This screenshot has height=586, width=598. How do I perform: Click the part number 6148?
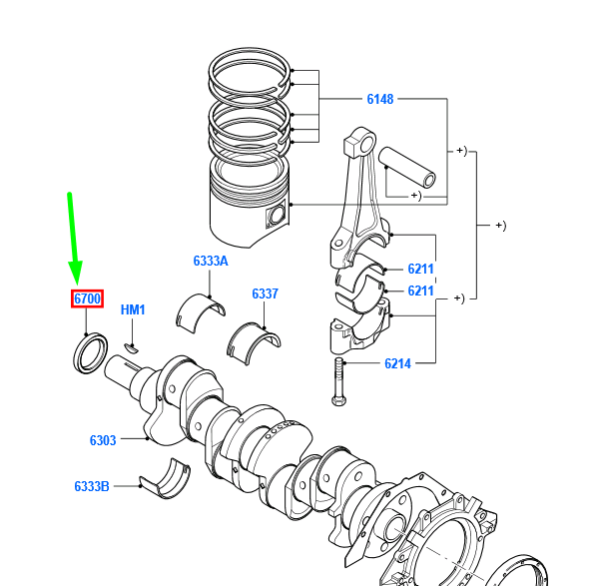click(x=379, y=99)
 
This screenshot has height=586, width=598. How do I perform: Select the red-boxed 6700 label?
click(x=87, y=298)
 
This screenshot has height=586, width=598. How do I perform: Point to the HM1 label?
click(x=133, y=310)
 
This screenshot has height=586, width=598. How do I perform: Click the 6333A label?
click(x=211, y=262)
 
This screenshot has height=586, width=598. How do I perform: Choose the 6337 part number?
click(x=265, y=293)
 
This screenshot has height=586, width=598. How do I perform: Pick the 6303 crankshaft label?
click(x=103, y=440)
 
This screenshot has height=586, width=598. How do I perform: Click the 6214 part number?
click(x=397, y=364)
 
